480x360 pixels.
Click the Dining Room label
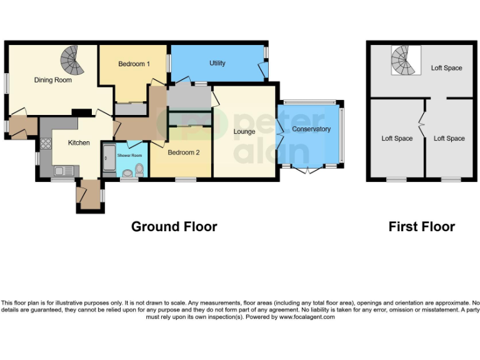point(52,80)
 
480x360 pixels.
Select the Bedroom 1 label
point(134,64)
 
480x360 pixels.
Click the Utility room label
point(217,63)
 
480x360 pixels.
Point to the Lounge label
point(244,132)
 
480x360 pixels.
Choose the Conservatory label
point(311,129)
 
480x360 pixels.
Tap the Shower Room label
point(129,155)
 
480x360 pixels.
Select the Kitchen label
point(79,142)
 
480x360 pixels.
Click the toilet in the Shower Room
point(139,169)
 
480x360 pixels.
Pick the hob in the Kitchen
point(46,145)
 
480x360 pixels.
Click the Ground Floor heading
point(174,227)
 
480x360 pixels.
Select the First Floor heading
point(421,227)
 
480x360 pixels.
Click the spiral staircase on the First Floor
point(402,60)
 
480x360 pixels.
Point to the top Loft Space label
point(446,68)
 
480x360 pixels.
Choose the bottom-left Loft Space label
point(397,138)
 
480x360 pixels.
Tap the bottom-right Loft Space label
point(449,138)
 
